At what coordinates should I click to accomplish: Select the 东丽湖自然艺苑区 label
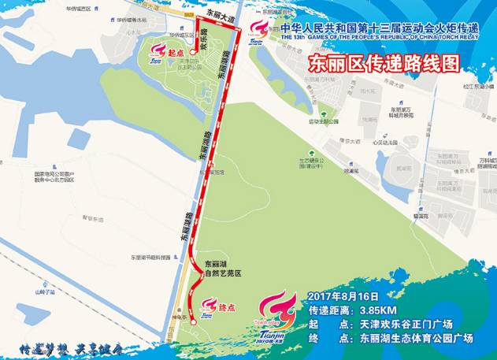pos(221,269)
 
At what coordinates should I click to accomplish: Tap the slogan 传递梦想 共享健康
pos(70,346)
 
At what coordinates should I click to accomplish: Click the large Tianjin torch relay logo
pos(276,317)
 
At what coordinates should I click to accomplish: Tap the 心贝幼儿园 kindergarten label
pos(388,143)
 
